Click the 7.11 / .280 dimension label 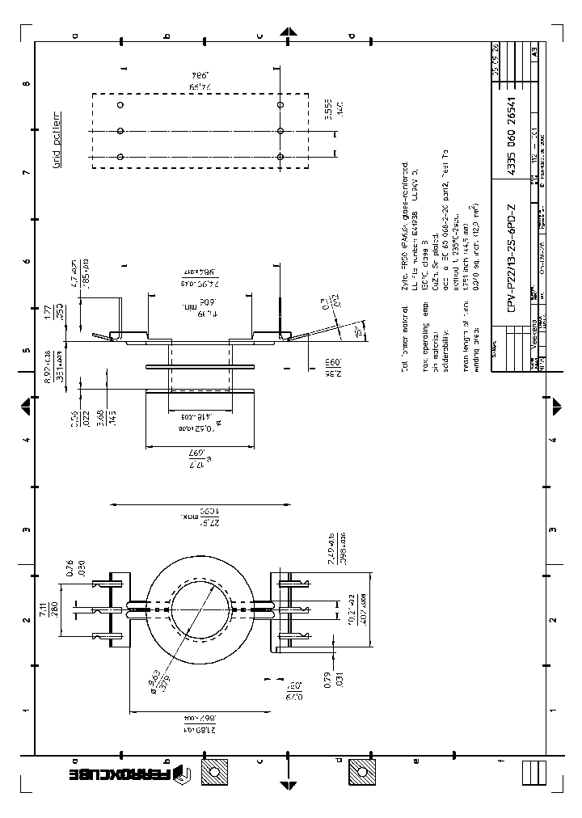click(x=64, y=607)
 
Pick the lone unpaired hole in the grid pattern click(x=120, y=105)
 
